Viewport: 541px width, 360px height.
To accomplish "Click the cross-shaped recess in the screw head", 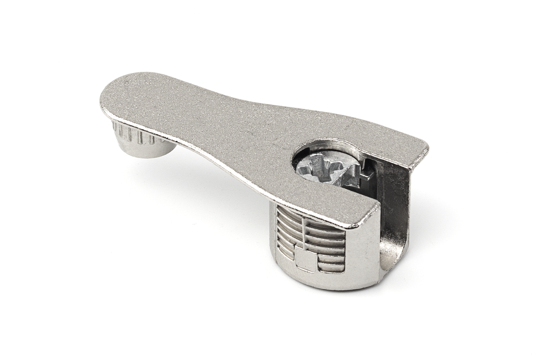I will pos(323,168).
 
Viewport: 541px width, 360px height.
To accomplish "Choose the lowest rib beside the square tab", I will pos(330,266).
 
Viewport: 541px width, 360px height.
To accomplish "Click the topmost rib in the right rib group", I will pos(325,226).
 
